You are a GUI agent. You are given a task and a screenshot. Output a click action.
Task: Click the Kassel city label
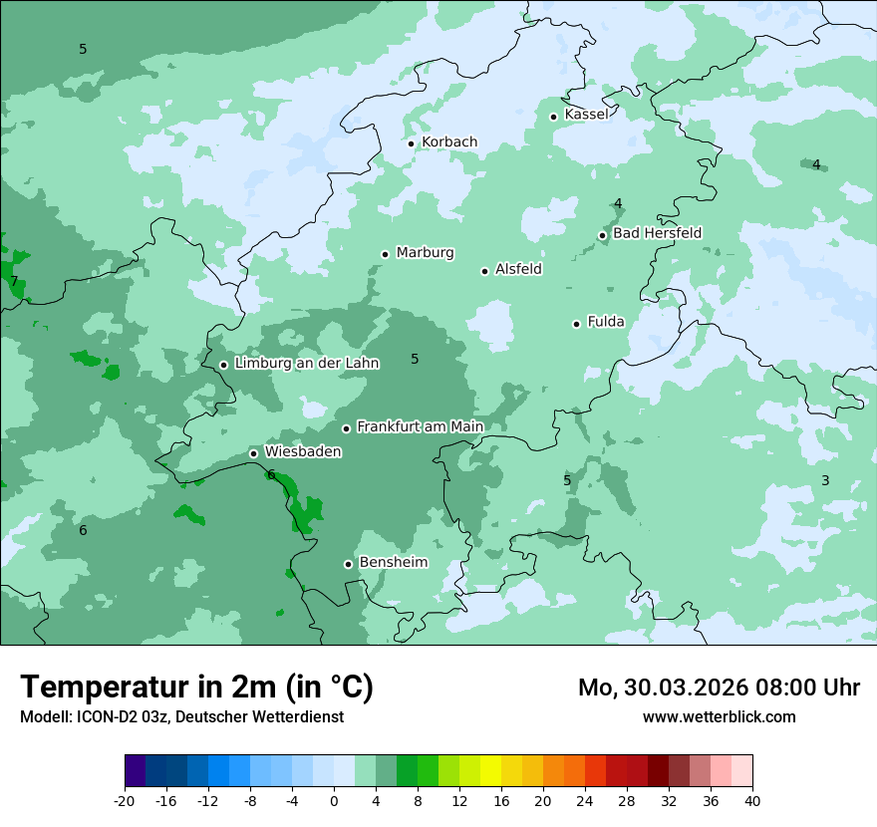tap(586, 115)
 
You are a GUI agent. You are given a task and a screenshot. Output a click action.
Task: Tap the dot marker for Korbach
tap(411, 143)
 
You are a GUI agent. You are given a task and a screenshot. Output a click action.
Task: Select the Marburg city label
tap(425, 253)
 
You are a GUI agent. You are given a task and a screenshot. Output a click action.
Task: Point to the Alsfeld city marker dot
tap(484, 271)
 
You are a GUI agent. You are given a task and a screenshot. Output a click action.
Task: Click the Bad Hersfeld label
tap(657, 233)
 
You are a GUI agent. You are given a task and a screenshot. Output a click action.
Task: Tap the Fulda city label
tap(606, 322)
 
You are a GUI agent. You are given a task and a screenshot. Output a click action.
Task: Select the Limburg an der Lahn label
tap(306, 364)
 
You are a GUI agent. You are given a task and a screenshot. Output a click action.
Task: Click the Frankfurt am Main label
tap(420, 427)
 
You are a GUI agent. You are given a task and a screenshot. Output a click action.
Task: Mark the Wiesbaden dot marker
tap(253, 453)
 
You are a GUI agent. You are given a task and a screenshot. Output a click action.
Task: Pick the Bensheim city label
tap(393, 563)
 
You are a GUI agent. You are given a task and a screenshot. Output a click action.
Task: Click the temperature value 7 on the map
tap(14, 281)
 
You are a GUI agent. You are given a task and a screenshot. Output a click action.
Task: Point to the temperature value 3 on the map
tap(825, 480)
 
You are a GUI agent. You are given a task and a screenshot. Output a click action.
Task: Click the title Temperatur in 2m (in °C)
tap(196, 688)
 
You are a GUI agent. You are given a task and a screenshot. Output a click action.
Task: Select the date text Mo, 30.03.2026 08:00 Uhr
tap(719, 688)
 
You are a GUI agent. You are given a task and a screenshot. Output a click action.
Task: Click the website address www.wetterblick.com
tap(719, 717)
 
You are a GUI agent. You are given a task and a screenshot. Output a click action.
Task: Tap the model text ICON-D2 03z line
tap(181, 717)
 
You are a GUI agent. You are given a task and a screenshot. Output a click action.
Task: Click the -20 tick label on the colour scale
tap(125, 801)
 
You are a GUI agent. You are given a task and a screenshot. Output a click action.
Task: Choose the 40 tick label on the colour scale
tap(752, 801)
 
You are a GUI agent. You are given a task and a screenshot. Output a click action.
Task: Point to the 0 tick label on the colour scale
tap(334, 801)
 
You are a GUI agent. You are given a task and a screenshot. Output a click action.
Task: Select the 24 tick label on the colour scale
tap(585, 801)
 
